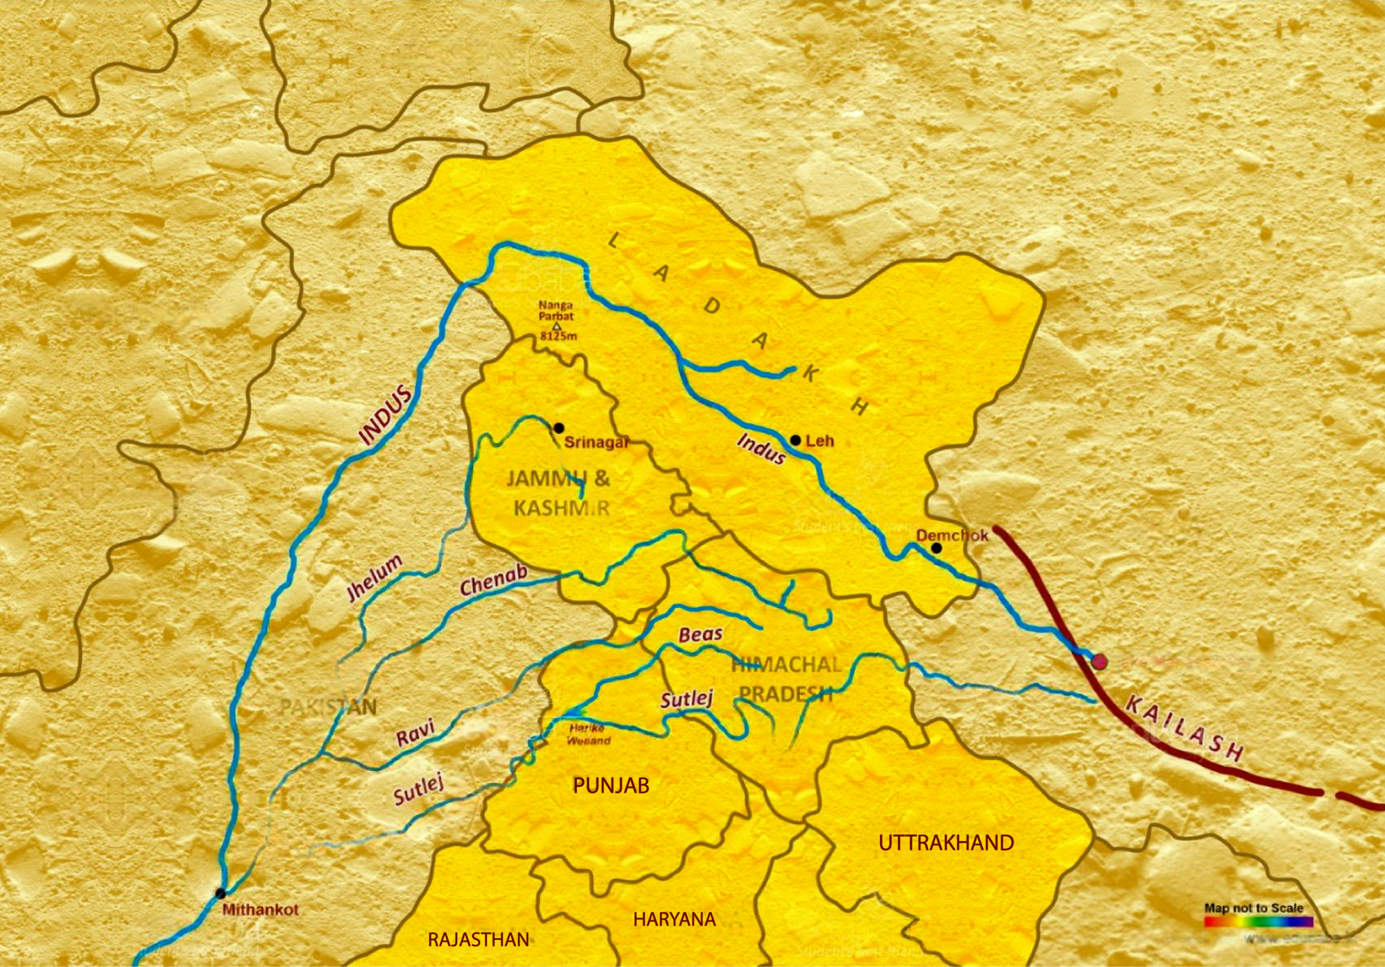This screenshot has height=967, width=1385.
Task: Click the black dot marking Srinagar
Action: pyautogui.click(x=559, y=428)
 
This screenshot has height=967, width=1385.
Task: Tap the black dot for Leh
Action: pyautogui.click(x=796, y=440)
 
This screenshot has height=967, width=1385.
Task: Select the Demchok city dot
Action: pyautogui.click(x=936, y=548)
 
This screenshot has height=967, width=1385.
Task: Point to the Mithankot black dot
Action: pyautogui.click(x=220, y=893)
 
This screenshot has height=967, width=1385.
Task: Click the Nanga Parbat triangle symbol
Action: pyautogui.click(x=557, y=327)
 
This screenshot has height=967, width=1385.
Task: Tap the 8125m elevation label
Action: pyautogui.click(x=558, y=336)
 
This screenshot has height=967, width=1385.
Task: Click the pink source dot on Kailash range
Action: pyautogui.click(x=1100, y=662)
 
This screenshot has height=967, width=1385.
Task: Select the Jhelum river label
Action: pyautogui.click(x=374, y=578)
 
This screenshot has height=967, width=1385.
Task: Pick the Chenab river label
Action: pyautogui.click(x=493, y=581)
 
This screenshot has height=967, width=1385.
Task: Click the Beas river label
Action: pyautogui.click(x=701, y=634)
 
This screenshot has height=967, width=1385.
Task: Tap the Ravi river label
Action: pyautogui.click(x=415, y=733)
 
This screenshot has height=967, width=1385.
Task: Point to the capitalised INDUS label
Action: pyautogui.click(x=385, y=415)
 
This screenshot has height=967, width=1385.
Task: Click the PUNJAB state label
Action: pyautogui.click(x=611, y=785)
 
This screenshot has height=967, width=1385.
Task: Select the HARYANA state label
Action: pyautogui.click(x=674, y=919)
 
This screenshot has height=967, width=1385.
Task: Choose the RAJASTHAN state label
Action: pyautogui.click(x=478, y=939)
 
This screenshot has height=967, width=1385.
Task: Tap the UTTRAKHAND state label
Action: pyautogui.click(x=946, y=843)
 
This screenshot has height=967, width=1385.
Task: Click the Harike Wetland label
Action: pyautogui.click(x=587, y=734)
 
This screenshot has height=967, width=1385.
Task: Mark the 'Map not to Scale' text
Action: pyautogui.click(x=1253, y=907)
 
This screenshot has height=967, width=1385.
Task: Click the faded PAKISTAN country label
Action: pyautogui.click(x=328, y=707)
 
